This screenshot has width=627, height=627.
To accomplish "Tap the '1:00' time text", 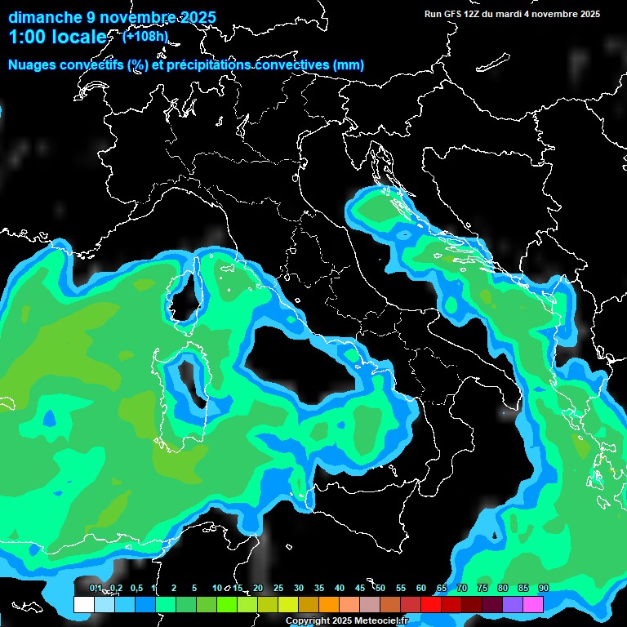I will (27, 37).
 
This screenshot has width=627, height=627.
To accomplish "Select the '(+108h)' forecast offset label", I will (146, 36).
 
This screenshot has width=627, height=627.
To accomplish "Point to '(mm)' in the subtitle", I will (347, 65).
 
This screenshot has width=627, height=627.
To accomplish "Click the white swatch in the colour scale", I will (83, 604).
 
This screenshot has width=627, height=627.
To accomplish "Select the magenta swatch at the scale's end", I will (533, 604).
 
